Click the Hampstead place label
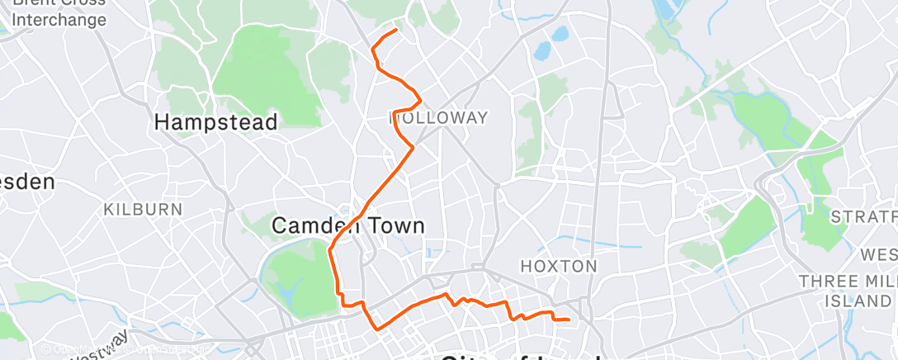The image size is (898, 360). [216, 121]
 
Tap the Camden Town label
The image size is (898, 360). [347, 225]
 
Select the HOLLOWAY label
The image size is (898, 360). [438, 117]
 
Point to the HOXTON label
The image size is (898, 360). [559, 266]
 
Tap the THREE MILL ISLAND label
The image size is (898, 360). [848, 290]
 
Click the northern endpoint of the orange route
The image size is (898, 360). [396, 30]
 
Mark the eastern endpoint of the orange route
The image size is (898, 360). [569, 320]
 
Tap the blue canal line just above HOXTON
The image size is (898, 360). [578, 245]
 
